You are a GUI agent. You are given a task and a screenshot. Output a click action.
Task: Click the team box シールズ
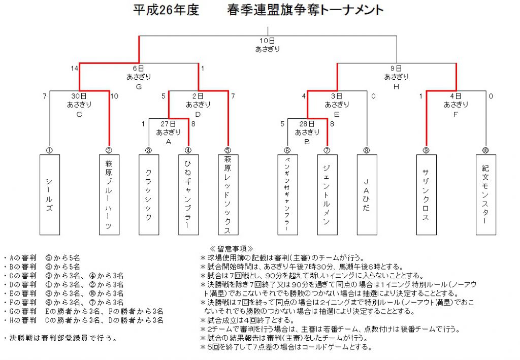(50, 194)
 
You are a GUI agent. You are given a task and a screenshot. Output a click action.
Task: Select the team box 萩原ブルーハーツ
(109, 194)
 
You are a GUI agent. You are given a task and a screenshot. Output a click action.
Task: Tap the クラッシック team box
(149, 194)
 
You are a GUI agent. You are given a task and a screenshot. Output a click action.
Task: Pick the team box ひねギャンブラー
(188, 194)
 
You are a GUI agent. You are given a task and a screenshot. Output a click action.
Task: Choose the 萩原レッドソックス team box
(228, 194)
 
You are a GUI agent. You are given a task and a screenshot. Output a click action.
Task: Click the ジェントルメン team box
(328, 194)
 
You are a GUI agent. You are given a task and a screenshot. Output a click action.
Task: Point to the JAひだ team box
(367, 194)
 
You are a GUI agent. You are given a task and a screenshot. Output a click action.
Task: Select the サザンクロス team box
(427, 194)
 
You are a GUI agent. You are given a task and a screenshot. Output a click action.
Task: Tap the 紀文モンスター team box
(486, 194)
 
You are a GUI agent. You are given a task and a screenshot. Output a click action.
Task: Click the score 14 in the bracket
(74, 68)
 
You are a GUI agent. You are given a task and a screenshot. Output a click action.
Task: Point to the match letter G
(139, 86)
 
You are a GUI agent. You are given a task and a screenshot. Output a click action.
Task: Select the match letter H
(396, 86)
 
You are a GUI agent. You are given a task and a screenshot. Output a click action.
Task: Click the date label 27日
(168, 124)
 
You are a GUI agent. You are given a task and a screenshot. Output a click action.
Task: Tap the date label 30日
(79, 96)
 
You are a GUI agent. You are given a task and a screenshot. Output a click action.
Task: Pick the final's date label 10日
(267, 41)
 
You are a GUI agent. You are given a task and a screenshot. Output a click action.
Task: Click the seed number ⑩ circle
(485, 150)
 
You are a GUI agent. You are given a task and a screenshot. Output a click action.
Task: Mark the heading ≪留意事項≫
(232, 249)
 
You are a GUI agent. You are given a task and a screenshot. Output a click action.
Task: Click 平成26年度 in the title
(166, 10)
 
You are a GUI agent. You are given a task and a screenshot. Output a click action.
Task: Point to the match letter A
(169, 142)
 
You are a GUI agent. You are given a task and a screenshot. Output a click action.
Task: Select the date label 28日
(307, 124)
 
